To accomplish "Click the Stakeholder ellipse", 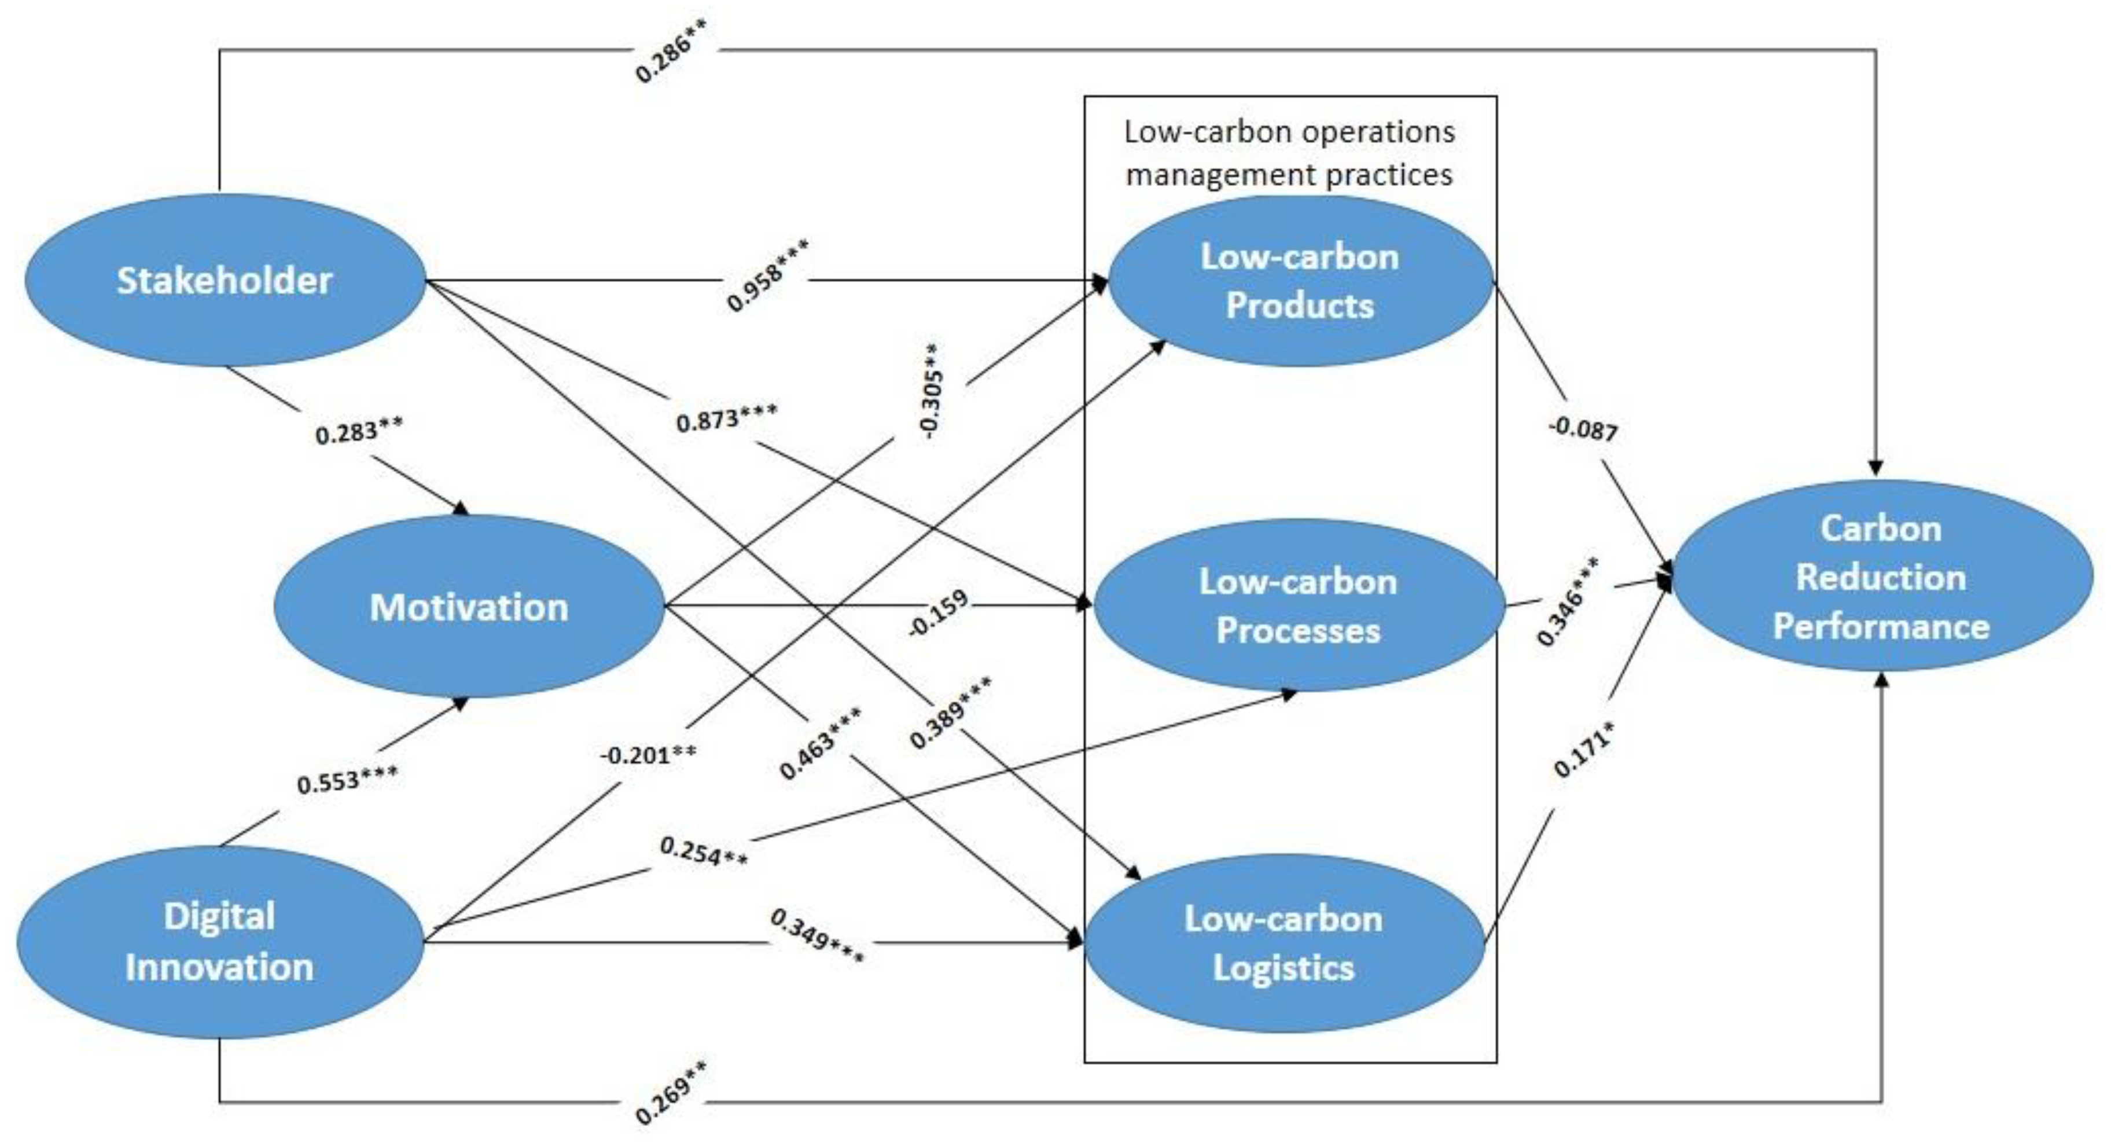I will click(x=225, y=280).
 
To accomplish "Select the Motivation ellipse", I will click(x=469, y=607).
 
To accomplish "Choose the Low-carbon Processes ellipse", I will click(x=1298, y=606).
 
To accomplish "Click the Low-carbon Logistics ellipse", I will click(x=1283, y=943).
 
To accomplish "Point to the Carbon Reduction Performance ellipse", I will click(x=1881, y=577).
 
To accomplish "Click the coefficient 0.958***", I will click(x=767, y=276).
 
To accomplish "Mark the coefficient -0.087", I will click(x=1583, y=429).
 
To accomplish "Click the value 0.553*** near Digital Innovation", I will click(x=347, y=780).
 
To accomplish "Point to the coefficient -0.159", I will click(x=938, y=612).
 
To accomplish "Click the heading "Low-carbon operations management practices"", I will click(x=1289, y=153).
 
